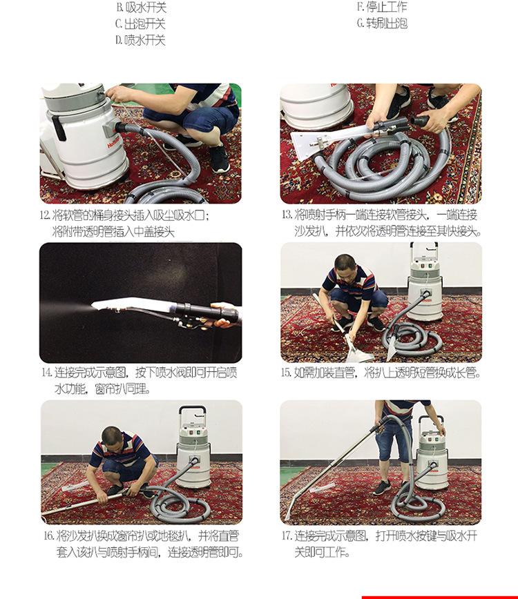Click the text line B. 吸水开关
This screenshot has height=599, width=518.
pyautogui.click(x=142, y=7)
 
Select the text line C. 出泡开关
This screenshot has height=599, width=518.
pyautogui.click(x=140, y=23)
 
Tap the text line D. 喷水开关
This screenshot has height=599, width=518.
pyautogui.click(x=140, y=40)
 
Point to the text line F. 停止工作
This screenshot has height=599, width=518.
pyautogui.click(x=382, y=6)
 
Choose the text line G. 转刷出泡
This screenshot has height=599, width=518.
pyautogui.click(x=382, y=23)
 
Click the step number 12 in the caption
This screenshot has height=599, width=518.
pyautogui.click(x=45, y=215)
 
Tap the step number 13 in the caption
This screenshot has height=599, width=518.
pyautogui.click(x=287, y=215)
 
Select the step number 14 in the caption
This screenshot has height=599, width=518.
pyautogui.click(x=47, y=373)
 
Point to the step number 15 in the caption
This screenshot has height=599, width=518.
pyautogui.click(x=286, y=373)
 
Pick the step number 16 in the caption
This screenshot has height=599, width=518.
pyautogui.click(x=48, y=536)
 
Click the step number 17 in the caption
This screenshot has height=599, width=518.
pyautogui.click(x=287, y=536)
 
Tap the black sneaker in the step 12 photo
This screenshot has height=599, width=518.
pyautogui.click(x=220, y=158)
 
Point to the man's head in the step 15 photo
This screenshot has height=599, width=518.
pyautogui.click(x=345, y=266)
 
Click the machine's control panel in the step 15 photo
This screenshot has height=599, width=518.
pyautogui.click(x=425, y=266)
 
